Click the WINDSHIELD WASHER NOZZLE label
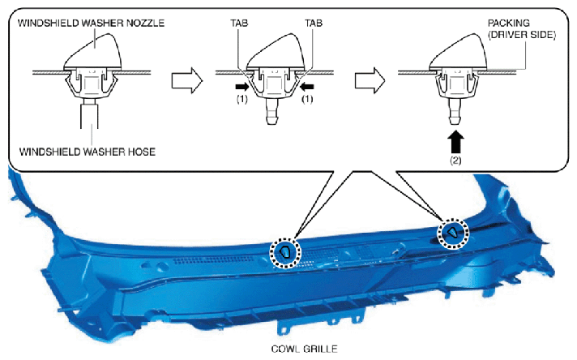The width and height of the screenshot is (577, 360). pos(91,23)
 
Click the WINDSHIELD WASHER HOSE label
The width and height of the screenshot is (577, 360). pos(88,152)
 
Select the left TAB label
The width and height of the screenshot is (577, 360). pos(239,23)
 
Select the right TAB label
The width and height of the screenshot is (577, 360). pos(314,23)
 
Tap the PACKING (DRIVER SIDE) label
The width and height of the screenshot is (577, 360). pos(521,28)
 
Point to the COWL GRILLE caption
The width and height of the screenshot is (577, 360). pos(304,349)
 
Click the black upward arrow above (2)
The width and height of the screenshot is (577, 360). pos(455,142)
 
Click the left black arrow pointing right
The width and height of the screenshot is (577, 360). pos(242,87)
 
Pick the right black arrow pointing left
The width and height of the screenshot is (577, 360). pos(307,87)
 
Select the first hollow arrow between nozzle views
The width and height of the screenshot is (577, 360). pos(187,80)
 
